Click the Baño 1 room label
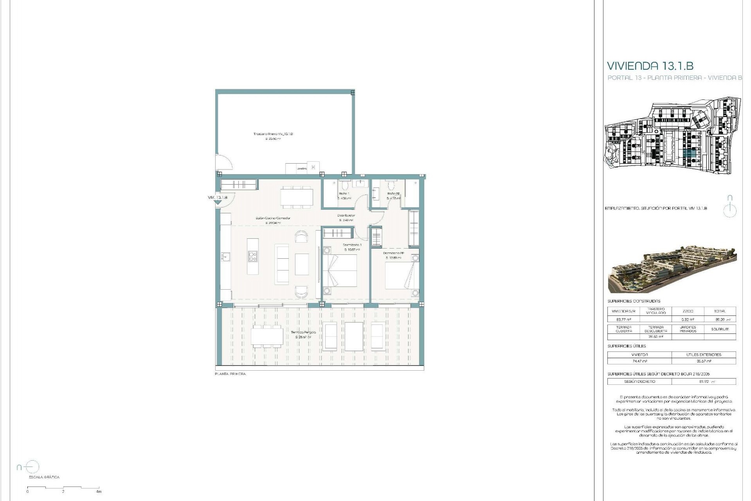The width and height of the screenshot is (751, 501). click(344, 193)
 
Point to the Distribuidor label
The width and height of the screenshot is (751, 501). click(346, 215)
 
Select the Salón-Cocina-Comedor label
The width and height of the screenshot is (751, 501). click(273, 218)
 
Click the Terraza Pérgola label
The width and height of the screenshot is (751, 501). click(304, 332)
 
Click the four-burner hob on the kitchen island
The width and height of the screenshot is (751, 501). click(253, 256)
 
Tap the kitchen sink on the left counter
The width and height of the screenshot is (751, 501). click(226, 257)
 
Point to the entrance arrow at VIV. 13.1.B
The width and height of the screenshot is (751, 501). click(218, 202)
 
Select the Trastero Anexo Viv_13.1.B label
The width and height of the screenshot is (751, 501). click(273, 134)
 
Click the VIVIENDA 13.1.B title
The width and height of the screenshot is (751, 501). click(650, 66)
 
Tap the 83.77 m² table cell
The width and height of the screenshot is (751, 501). click(623, 319)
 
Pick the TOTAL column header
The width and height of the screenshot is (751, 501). click(719, 311)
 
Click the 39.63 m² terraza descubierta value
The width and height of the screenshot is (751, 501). click(656, 337)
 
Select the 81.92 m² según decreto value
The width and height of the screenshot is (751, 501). click(704, 381)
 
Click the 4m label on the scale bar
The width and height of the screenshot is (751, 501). click(99, 492)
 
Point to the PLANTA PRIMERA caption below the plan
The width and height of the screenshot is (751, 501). click(230, 374)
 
